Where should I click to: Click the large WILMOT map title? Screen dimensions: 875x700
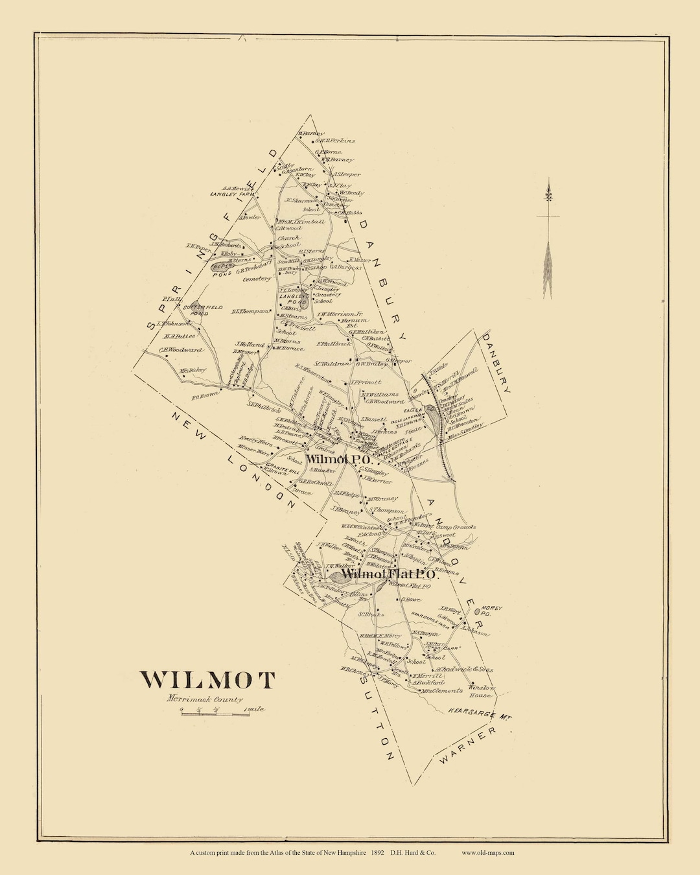pyautogui.click(x=208, y=679)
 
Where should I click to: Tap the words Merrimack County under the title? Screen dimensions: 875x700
pyautogui.click(x=204, y=699)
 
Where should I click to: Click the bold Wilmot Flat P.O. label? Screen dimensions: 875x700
pyautogui.click(x=391, y=574)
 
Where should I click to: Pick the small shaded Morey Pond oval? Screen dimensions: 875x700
pyautogui.click(x=479, y=611)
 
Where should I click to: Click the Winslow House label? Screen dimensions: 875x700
pyautogui.click(x=482, y=691)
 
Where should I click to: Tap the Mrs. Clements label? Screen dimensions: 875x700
pyautogui.click(x=442, y=691)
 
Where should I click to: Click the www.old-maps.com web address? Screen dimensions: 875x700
pyautogui.click(x=488, y=853)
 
